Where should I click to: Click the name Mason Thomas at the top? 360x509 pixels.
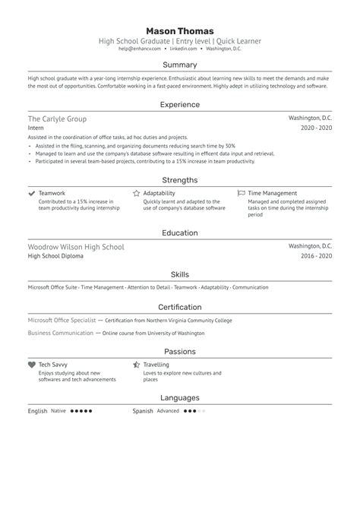pyautogui.click(x=179, y=31)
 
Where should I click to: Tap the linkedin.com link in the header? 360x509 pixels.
pyautogui.click(x=182, y=49)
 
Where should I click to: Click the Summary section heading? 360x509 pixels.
pyautogui.click(x=179, y=65)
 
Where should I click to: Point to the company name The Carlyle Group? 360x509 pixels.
pyautogui.click(x=57, y=119)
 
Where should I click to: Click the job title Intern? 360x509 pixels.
pyautogui.click(x=36, y=129)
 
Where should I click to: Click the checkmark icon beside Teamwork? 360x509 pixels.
pyautogui.click(x=31, y=194)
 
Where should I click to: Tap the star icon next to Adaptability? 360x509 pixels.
pyautogui.click(x=136, y=194)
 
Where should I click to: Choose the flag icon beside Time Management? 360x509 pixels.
pyautogui.click(x=242, y=194)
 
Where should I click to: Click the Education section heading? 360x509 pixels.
pyautogui.click(x=179, y=233)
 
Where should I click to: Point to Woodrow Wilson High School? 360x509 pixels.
pyautogui.click(x=75, y=247)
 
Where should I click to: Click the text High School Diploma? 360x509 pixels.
pyautogui.click(x=55, y=257)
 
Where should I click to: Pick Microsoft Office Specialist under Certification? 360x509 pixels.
pyautogui.click(x=60, y=321)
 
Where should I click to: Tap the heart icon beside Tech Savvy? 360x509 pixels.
pyautogui.click(x=31, y=365)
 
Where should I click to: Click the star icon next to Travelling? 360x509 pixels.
pyautogui.click(x=136, y=365)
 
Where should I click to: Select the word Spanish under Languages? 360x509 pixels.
pyautogui.click(x=144, y=411)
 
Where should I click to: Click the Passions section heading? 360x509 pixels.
pyautogui.click(x=179, y=351)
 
